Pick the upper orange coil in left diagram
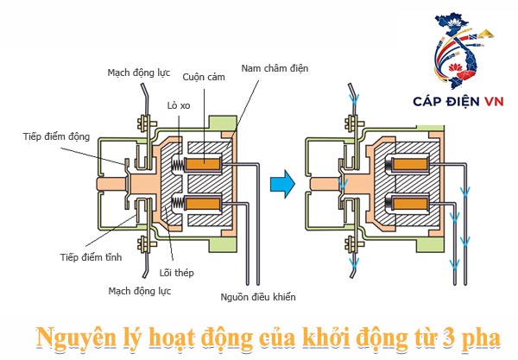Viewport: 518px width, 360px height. click(208, 161)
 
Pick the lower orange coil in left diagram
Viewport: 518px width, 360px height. click(208, 204)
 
